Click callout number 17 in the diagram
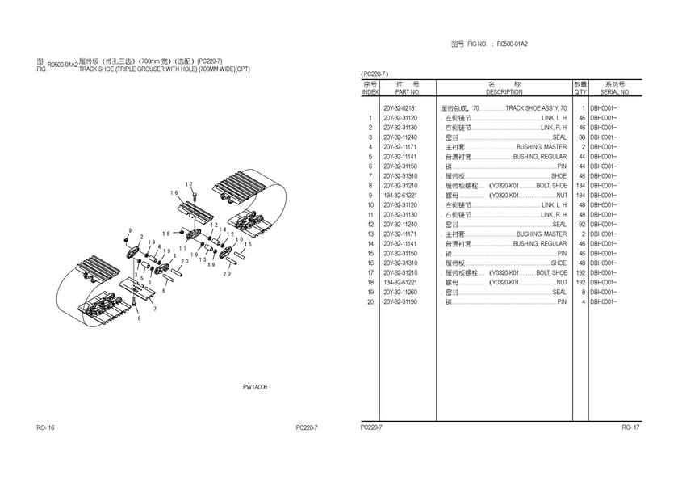click(x=189, y=185)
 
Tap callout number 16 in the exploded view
click(x=174, y=193)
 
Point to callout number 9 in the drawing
click(x=128, y=232)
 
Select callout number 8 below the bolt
click(x=138, y=318)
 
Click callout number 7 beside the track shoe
click(x=156, y=309)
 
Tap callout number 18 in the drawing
click(x=166, y=233)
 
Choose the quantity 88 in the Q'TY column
click(x=580, y=137)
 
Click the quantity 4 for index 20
click(x=582, y=301)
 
